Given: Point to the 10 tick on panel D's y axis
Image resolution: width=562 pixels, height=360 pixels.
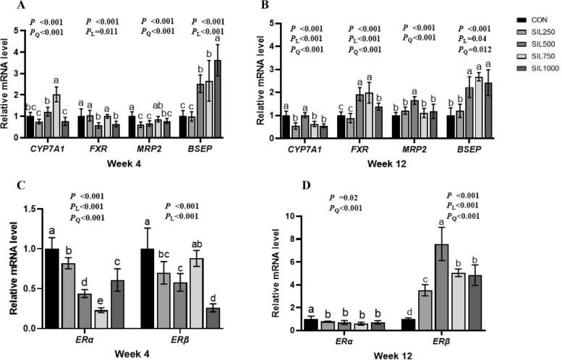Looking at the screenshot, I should coord(294,216).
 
